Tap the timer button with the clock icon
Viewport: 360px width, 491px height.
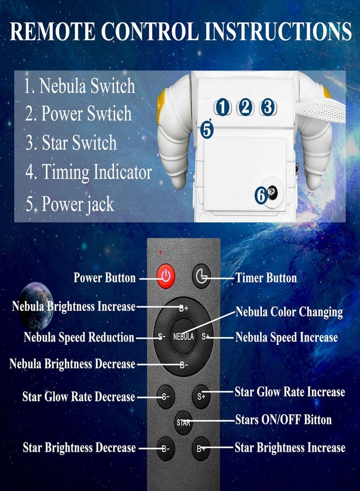pos(201,276)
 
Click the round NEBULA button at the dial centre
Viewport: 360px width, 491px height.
pos(183,337)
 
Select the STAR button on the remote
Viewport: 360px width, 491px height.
pos(183,423)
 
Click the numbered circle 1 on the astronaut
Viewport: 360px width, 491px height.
pos(222,107)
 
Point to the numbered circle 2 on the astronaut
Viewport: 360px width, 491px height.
pos(245,107)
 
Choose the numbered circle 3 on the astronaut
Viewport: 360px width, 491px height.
pos(268,107)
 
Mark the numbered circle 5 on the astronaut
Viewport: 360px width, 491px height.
pos(207,130)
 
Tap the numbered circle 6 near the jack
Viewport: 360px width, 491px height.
pos(261,195)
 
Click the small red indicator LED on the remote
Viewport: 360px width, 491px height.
pos(160,253)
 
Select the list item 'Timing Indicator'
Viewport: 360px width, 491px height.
pos(88,172)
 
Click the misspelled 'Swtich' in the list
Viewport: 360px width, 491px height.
pos(109,113)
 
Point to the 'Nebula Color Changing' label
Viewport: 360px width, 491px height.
pos(289,312)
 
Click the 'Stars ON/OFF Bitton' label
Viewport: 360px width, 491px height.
pos(283,420)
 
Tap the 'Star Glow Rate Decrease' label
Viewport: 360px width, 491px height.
pos(79,397)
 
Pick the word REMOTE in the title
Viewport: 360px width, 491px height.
pos(52,31)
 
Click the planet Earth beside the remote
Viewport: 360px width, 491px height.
pos(36,306)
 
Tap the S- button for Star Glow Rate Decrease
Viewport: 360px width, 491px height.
pos(165,397)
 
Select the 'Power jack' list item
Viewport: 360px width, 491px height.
pos(70,204)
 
